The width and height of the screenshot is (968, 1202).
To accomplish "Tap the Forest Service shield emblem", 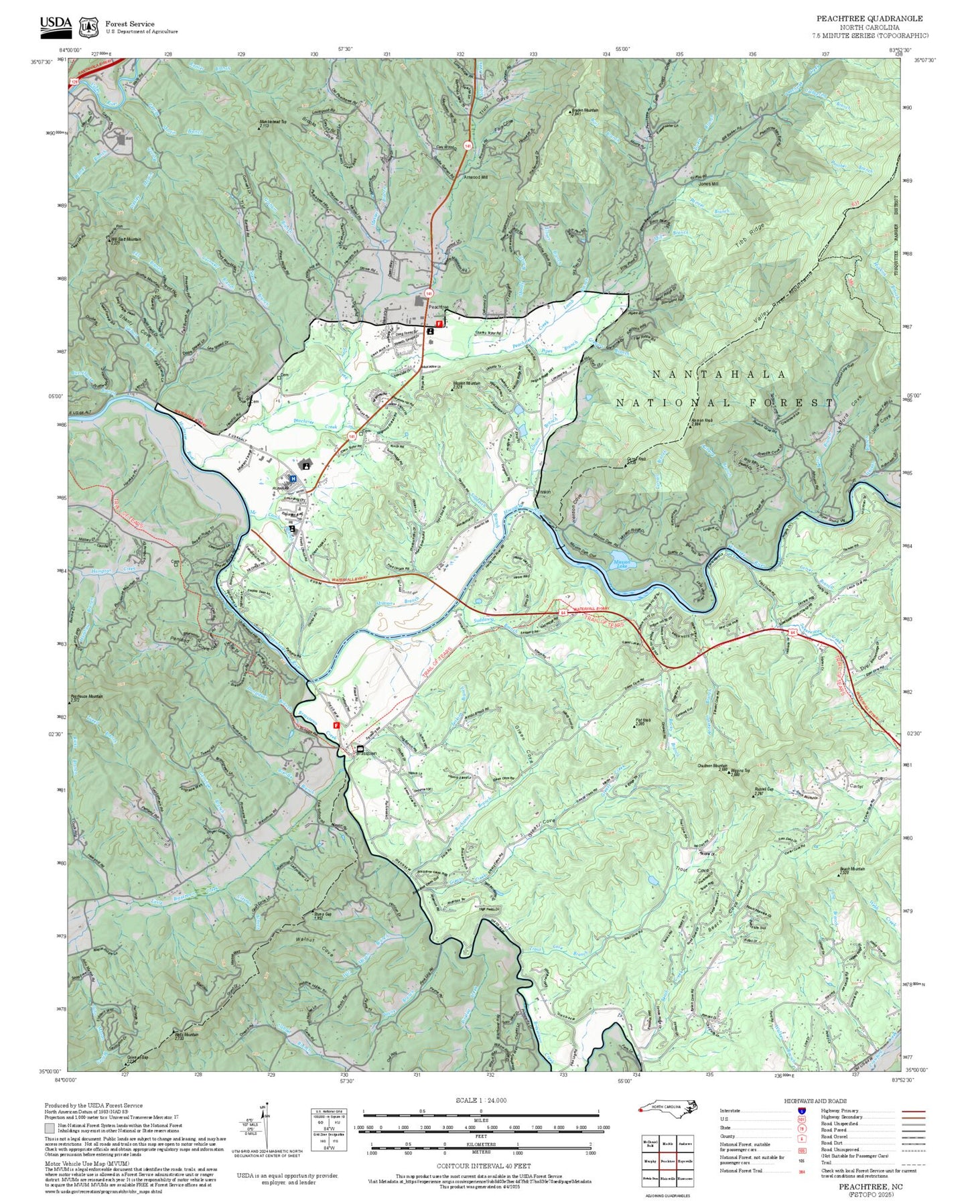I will (x=88, y=27).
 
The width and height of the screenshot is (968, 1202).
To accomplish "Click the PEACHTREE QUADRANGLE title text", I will (x=869, y=19).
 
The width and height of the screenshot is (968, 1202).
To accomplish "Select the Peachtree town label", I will (x=438, y=307).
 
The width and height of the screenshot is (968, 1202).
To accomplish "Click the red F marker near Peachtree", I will (x=439, y=324).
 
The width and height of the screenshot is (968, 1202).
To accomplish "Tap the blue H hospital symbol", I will (x=293, y=478).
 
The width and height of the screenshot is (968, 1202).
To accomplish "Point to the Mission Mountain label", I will (x=466, y=383).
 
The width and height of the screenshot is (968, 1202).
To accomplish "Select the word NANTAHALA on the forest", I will (x=719, y=375).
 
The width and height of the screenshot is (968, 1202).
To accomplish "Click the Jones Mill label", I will (x=708, y=184).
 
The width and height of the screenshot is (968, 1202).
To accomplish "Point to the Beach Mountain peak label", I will (x=852, y=870).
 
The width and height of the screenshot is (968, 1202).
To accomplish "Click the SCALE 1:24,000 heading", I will (x=480, y=1100).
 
